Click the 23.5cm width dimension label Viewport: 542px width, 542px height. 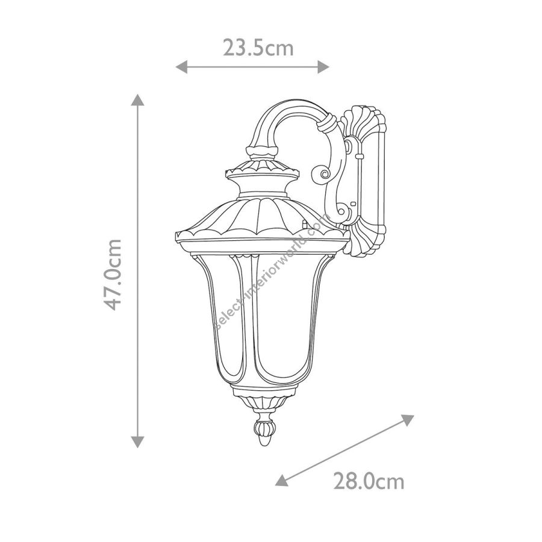(x=258, y=48)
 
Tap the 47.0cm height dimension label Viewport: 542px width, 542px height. (x=113, y=275)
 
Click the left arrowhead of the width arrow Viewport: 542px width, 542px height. (x=181, y=67)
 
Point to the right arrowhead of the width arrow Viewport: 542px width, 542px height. (x=323, y=67)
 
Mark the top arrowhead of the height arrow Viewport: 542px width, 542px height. (x=137, y=100)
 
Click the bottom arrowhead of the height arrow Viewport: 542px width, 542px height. (x=137, y=442)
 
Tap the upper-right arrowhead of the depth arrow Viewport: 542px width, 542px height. (x=407, y=420)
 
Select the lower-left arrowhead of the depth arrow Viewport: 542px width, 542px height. (x=282, y=480)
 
